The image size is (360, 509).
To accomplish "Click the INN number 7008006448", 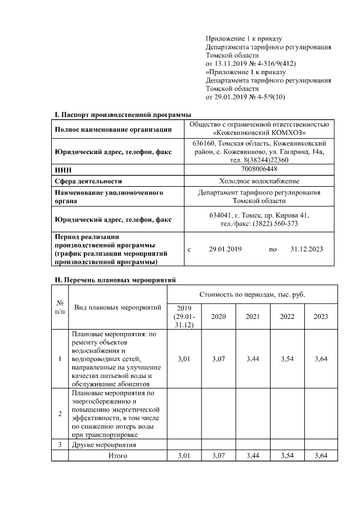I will (259, 169).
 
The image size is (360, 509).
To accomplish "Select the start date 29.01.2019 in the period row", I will (225, 249).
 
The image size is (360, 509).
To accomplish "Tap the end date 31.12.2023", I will (307, 249).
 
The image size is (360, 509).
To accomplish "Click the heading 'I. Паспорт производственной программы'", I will (119, 115).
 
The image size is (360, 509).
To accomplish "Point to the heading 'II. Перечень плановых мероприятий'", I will (115, 279).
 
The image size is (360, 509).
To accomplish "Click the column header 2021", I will (253, 317).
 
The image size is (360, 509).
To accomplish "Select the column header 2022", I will (287, 317).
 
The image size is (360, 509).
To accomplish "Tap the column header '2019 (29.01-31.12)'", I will (184, 317).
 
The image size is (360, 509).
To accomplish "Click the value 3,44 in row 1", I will (253, 358).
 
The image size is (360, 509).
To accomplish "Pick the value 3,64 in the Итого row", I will (321, 456).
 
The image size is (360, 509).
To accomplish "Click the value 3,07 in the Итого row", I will (218, 456).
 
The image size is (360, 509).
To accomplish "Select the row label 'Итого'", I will (118, 456).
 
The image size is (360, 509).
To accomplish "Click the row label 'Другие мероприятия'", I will (105, 445).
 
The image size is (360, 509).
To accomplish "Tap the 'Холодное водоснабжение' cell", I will (259, 181).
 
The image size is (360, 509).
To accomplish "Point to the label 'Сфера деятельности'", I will (88, 181).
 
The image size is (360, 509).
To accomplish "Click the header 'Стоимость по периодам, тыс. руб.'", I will (252, 295).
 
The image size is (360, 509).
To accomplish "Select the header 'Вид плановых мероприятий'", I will (118, 308).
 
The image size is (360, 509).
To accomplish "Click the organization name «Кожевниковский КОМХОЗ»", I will (259, 133).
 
